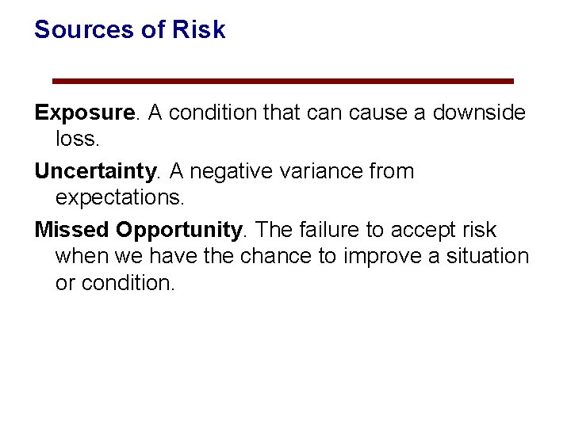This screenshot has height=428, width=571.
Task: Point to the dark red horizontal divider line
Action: coord(282,81)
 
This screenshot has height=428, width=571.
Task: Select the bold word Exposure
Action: coord(85,113)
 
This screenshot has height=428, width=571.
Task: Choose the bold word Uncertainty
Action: coord(95,171)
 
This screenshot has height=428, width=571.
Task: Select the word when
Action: coord(79,256)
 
